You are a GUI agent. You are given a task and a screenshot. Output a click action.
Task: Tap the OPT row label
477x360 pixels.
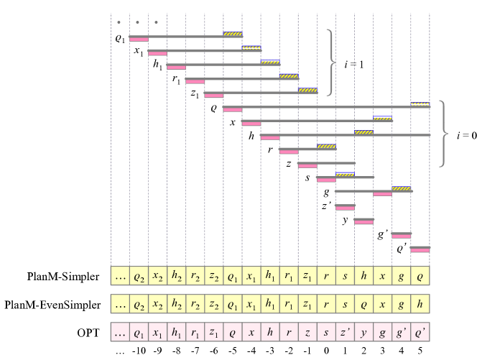(88, 333)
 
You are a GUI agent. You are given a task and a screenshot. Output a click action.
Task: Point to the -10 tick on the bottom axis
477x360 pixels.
(139, 353)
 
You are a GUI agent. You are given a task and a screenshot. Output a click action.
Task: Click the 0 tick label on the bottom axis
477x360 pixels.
(326, 353)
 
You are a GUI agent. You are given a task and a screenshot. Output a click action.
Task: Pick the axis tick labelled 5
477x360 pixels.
(420, 353)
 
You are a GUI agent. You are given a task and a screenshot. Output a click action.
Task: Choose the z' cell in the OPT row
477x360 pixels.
(345, 333)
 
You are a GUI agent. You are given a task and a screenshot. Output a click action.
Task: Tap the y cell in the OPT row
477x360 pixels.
(363, 333)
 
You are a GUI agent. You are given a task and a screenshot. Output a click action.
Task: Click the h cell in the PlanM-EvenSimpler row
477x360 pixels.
(420, 304)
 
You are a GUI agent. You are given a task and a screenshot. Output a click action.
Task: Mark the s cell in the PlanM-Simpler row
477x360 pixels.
(345, 276)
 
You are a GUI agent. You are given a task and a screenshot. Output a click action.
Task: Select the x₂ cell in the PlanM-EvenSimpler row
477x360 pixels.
(157, 304)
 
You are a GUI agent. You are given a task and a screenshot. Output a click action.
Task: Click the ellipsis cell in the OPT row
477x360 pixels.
(120, 333)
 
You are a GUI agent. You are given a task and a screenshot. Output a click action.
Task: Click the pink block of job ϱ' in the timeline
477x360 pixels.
(420, 250)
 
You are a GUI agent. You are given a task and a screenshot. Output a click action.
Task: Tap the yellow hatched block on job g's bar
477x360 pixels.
(401, 188)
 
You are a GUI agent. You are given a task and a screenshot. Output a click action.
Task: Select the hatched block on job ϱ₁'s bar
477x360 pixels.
(232, 33)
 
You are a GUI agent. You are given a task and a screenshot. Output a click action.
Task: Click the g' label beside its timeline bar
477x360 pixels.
(383, 234)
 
